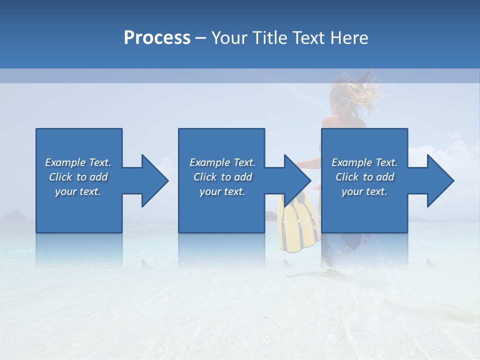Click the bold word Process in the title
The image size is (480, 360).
(x=157, y=38)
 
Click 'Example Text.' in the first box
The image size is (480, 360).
(x=78, y=162)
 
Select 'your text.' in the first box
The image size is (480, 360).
(x=78, y=191)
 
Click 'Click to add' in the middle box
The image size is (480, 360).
(x=222, y=177)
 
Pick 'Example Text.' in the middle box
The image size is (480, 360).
(x=222, y=162)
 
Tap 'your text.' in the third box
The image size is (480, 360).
(x=364, y=191)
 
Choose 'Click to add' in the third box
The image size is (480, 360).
(x=364, y=177)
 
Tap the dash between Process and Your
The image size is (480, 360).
(x=201, y=38)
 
